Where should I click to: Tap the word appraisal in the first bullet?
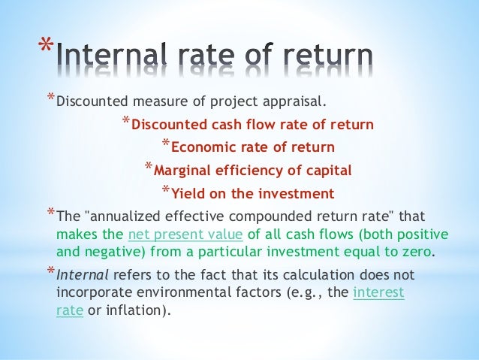(299, 101)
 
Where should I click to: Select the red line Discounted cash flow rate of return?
(252, 125)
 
